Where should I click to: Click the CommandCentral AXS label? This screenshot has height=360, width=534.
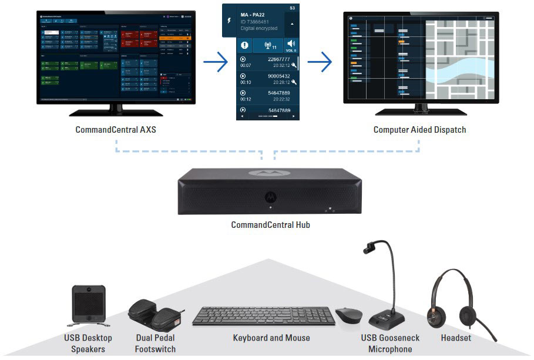coord(116,129)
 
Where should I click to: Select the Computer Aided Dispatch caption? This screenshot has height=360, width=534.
coord(419,129)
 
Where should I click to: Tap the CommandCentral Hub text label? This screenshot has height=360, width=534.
coord(270,225)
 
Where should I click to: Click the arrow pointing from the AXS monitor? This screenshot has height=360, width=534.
coord(214,61)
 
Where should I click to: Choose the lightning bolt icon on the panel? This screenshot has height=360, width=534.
coord(229,20)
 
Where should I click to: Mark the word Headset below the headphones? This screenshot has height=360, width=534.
coord(456,338)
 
